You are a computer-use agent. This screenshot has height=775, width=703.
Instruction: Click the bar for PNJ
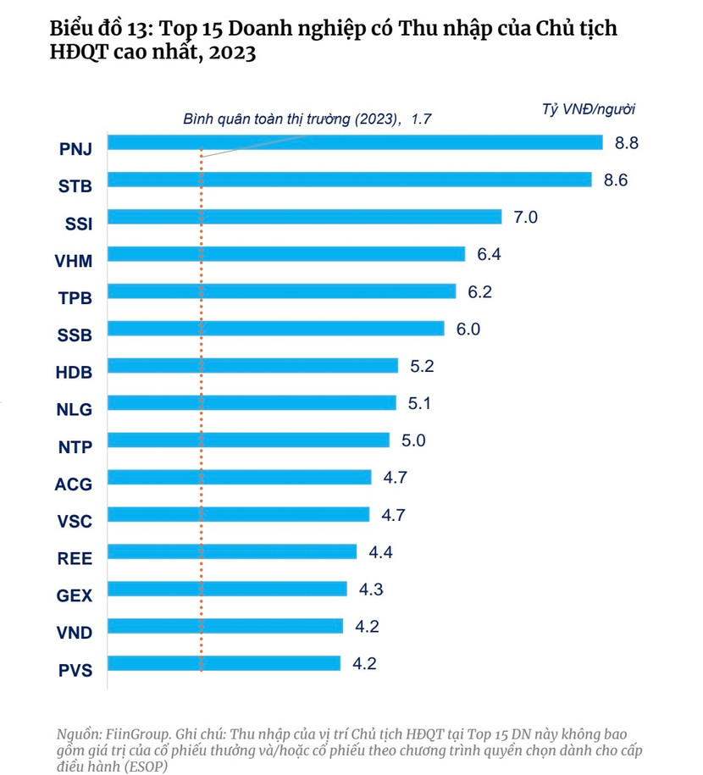356,142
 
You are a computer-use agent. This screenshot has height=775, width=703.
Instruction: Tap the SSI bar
306,217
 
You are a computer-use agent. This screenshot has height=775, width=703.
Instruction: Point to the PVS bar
225,663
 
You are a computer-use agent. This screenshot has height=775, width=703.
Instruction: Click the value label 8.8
626,142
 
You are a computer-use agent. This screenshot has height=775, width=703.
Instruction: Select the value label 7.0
526,217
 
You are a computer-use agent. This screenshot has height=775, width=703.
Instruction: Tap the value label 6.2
479,291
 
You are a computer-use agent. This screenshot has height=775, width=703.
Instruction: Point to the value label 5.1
420,403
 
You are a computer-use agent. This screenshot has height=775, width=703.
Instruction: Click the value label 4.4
381,552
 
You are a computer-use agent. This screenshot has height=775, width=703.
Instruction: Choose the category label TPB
75,296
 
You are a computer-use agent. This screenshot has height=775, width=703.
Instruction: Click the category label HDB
75,371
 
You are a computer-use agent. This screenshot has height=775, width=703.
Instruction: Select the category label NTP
75,446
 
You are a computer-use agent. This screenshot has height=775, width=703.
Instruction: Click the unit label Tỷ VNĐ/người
588,108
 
